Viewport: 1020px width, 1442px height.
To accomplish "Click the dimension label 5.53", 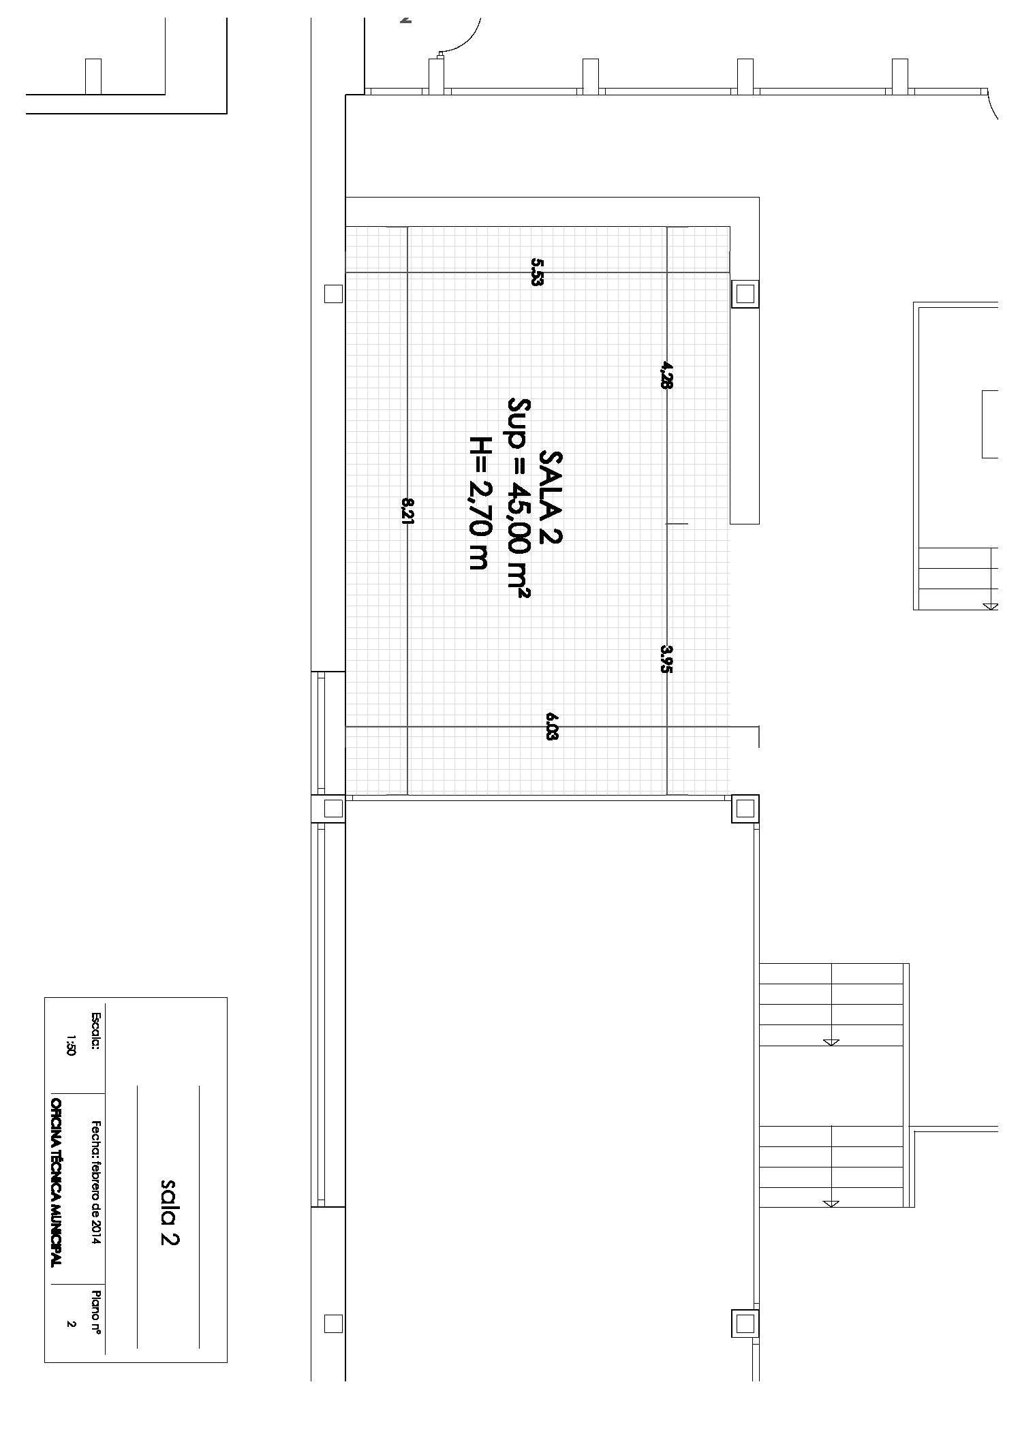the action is tap(537, 272).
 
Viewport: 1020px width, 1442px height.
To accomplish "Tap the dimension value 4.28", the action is tap(666, 375).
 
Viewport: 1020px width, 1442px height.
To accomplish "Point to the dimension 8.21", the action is tap(407, 511).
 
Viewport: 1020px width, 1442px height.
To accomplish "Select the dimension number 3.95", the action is tap(666, 659).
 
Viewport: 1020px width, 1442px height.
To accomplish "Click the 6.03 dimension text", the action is tap(552, 726).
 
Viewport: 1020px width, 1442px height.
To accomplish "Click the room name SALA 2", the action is tap(551, 497).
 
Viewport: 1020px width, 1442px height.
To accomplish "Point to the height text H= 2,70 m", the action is tap(480, 502).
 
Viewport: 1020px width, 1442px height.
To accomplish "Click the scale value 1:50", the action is tap(70, 1044).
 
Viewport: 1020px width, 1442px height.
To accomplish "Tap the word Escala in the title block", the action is tap(95, 1031).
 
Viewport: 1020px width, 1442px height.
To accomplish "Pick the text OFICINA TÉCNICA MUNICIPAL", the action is tap(57, 1182).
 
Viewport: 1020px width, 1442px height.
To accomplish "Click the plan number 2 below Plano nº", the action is tap(70, 1324).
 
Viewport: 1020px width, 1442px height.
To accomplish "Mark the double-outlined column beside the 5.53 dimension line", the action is tap(745, 294).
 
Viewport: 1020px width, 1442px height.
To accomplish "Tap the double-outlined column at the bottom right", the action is tap(745, 1323).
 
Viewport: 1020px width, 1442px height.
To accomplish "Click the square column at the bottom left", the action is tap(333, 1323).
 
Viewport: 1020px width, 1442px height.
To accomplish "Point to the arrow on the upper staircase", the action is tap(831, 1041).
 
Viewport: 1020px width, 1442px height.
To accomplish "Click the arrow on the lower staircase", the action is tap(831, 1204).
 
